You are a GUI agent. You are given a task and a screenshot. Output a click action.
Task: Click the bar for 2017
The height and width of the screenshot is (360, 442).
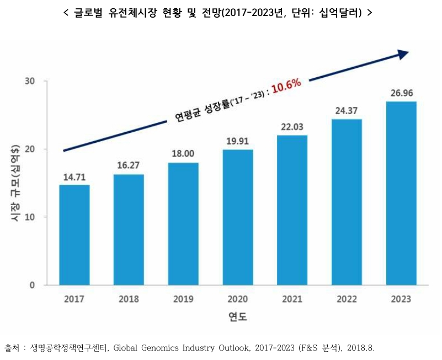74,235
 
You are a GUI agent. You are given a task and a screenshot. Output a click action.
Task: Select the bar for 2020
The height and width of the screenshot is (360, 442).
238,217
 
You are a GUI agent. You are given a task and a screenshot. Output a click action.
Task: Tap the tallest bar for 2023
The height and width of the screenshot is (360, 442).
401,193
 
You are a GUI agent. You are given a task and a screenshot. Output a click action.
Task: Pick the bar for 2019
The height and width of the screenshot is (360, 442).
183,224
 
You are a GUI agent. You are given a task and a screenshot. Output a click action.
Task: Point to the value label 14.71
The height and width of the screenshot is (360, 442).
74,176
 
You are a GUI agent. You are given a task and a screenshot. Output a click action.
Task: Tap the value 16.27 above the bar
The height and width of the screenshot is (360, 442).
129,165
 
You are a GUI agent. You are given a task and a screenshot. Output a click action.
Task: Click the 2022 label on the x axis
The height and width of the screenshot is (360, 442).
347,299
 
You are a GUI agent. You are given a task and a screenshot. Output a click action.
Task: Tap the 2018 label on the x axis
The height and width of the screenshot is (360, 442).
129,299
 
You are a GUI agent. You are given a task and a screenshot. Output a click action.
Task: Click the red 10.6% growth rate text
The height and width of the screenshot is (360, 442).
286,85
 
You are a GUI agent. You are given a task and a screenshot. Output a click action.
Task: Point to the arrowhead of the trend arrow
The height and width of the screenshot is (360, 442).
403,53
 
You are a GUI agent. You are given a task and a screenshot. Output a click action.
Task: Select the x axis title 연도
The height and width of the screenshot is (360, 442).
238,318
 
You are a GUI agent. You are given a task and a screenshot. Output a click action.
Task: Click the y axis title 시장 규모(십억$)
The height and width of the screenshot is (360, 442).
15,182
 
